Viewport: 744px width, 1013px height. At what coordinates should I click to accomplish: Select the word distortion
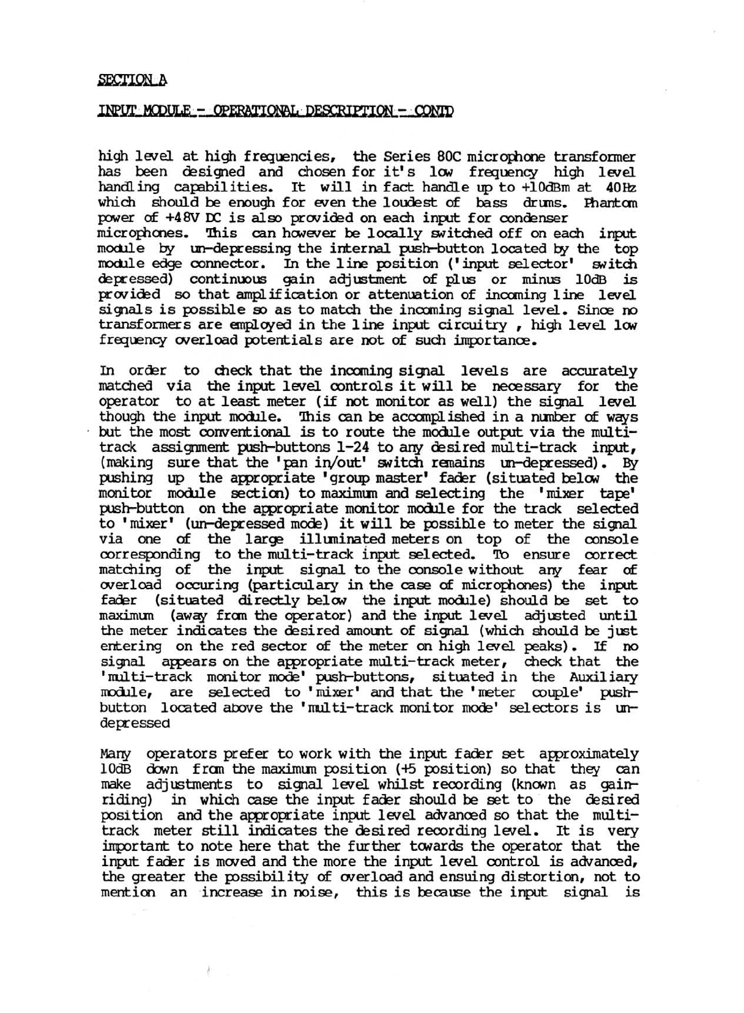tap(541, 877)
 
